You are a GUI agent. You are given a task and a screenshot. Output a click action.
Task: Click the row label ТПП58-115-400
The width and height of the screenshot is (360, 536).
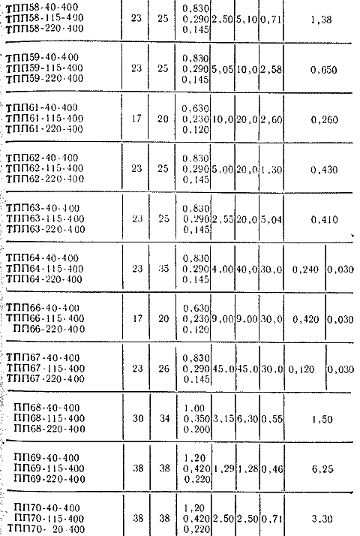(x=45, y=18)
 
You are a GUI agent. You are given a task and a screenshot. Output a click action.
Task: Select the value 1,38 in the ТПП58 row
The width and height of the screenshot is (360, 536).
(x=322, y=20)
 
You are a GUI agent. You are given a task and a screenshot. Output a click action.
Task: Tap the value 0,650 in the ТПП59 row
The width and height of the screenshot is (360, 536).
(x=323, y=70)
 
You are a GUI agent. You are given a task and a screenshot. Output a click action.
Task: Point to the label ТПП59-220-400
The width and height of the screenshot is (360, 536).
(x=45, y=78)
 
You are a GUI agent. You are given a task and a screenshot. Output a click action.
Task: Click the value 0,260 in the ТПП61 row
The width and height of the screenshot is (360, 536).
(x=324, y=120)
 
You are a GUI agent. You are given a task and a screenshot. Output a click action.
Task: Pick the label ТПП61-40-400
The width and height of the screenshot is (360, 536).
(x=42, y=108)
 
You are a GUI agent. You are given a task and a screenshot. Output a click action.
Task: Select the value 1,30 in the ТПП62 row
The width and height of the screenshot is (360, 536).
(x=271, y=170)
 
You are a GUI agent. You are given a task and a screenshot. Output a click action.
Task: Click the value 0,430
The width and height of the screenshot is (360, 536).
(x=324, y=170)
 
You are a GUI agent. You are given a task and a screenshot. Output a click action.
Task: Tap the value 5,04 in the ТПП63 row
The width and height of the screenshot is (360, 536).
(x=271, y=220)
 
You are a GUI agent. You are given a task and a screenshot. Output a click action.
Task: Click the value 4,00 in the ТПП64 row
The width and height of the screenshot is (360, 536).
(x=223, y=270)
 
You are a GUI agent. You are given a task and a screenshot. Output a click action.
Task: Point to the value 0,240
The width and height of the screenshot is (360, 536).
(x=305, y=270)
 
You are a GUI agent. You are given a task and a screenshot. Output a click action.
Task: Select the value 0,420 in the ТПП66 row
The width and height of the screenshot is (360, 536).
(x=306, y=320)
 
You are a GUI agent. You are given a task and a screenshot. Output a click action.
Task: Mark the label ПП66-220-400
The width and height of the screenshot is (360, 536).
(x=49, y=330)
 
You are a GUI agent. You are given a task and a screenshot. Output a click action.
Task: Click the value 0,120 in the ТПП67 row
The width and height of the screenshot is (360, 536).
(x=301, y=369)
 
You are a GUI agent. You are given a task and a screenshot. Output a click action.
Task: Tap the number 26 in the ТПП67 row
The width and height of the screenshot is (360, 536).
(x=164, y=369)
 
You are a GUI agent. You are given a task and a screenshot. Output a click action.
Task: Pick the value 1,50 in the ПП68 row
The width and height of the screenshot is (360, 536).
(x=322, y=420)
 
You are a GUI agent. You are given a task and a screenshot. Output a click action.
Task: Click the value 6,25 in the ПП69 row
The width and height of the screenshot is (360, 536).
(x=322, y=469)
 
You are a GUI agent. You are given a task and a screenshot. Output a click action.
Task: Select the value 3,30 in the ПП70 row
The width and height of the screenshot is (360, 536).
(x=322, y=519)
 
